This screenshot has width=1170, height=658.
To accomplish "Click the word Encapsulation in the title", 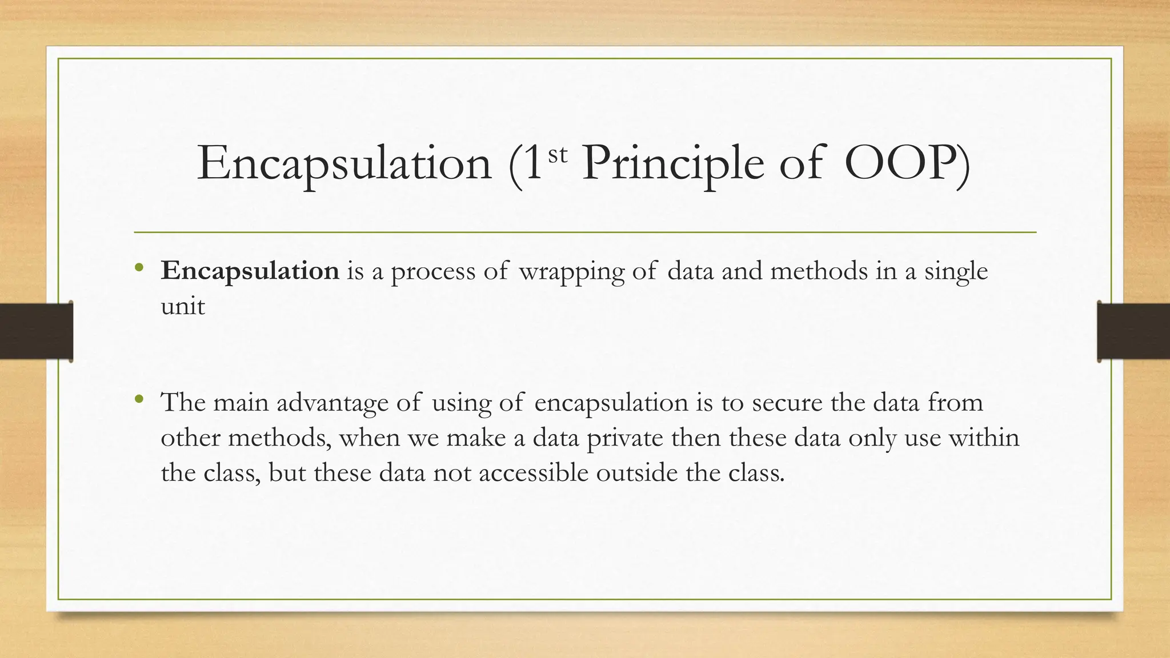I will coord(344,164).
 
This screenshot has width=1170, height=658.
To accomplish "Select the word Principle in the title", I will coord(672,164).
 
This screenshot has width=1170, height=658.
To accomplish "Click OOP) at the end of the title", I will coord(907,164).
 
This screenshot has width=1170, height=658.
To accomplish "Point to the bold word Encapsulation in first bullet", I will coord(250,271).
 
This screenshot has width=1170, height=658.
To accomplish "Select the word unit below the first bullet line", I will coord(182,306).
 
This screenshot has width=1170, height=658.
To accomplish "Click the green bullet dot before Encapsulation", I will coord(138,267).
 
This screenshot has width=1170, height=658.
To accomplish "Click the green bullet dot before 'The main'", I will coord(138,399).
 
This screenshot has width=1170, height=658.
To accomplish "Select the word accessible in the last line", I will coord(534,473).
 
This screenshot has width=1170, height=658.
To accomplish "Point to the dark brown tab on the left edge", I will coord(36,331).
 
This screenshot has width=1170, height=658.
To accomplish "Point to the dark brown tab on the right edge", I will coord(1133,331).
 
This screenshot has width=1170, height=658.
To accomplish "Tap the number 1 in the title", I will coord(532,164).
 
